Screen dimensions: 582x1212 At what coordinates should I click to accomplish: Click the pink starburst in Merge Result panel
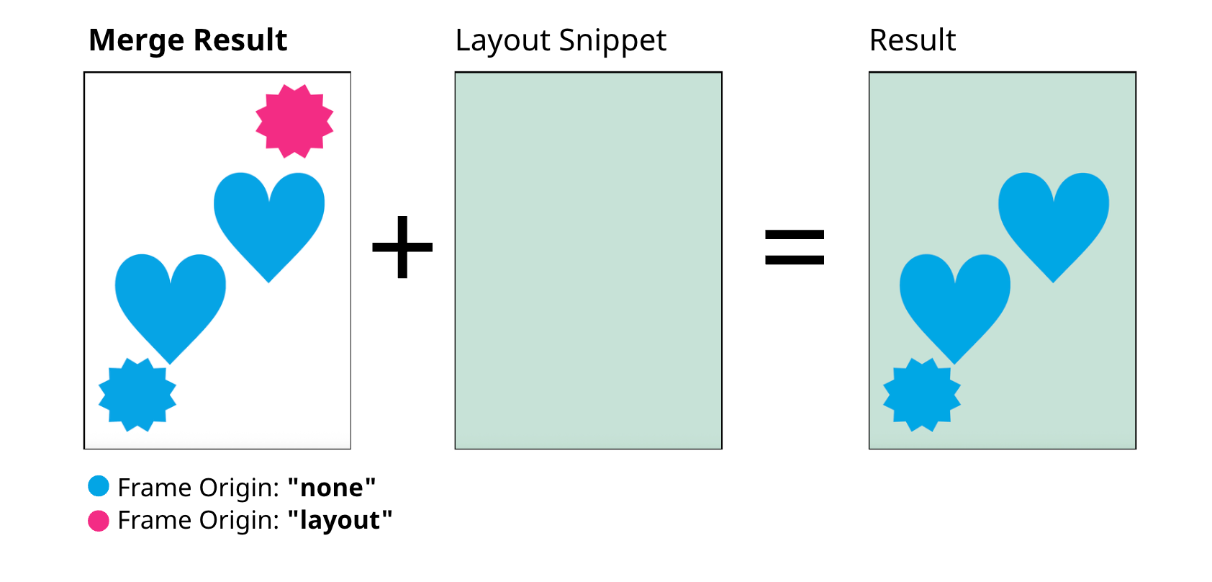pos(294,121)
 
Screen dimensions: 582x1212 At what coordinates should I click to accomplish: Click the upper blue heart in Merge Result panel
pos(269,220)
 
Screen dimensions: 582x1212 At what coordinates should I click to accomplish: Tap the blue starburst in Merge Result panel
pos(137,395)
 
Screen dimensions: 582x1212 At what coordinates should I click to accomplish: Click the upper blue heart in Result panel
pos(1054,220)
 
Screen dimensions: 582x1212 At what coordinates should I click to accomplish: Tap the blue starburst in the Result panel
pos(922,395)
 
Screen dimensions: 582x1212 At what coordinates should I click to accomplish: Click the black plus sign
pos(402,247)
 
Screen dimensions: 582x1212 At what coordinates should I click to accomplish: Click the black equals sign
pos(795,247)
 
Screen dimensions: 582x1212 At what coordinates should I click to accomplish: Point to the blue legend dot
pos(99,486)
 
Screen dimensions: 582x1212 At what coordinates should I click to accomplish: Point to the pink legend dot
pos(99,520)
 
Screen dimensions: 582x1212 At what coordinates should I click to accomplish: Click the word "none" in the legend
pos(331,488)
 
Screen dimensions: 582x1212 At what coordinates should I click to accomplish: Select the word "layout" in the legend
pos(340,521)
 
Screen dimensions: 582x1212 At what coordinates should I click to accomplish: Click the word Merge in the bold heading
pos(137,41)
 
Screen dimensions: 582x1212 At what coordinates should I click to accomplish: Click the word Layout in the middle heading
pos(503,41)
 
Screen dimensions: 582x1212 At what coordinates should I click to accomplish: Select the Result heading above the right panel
pos(913,40)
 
